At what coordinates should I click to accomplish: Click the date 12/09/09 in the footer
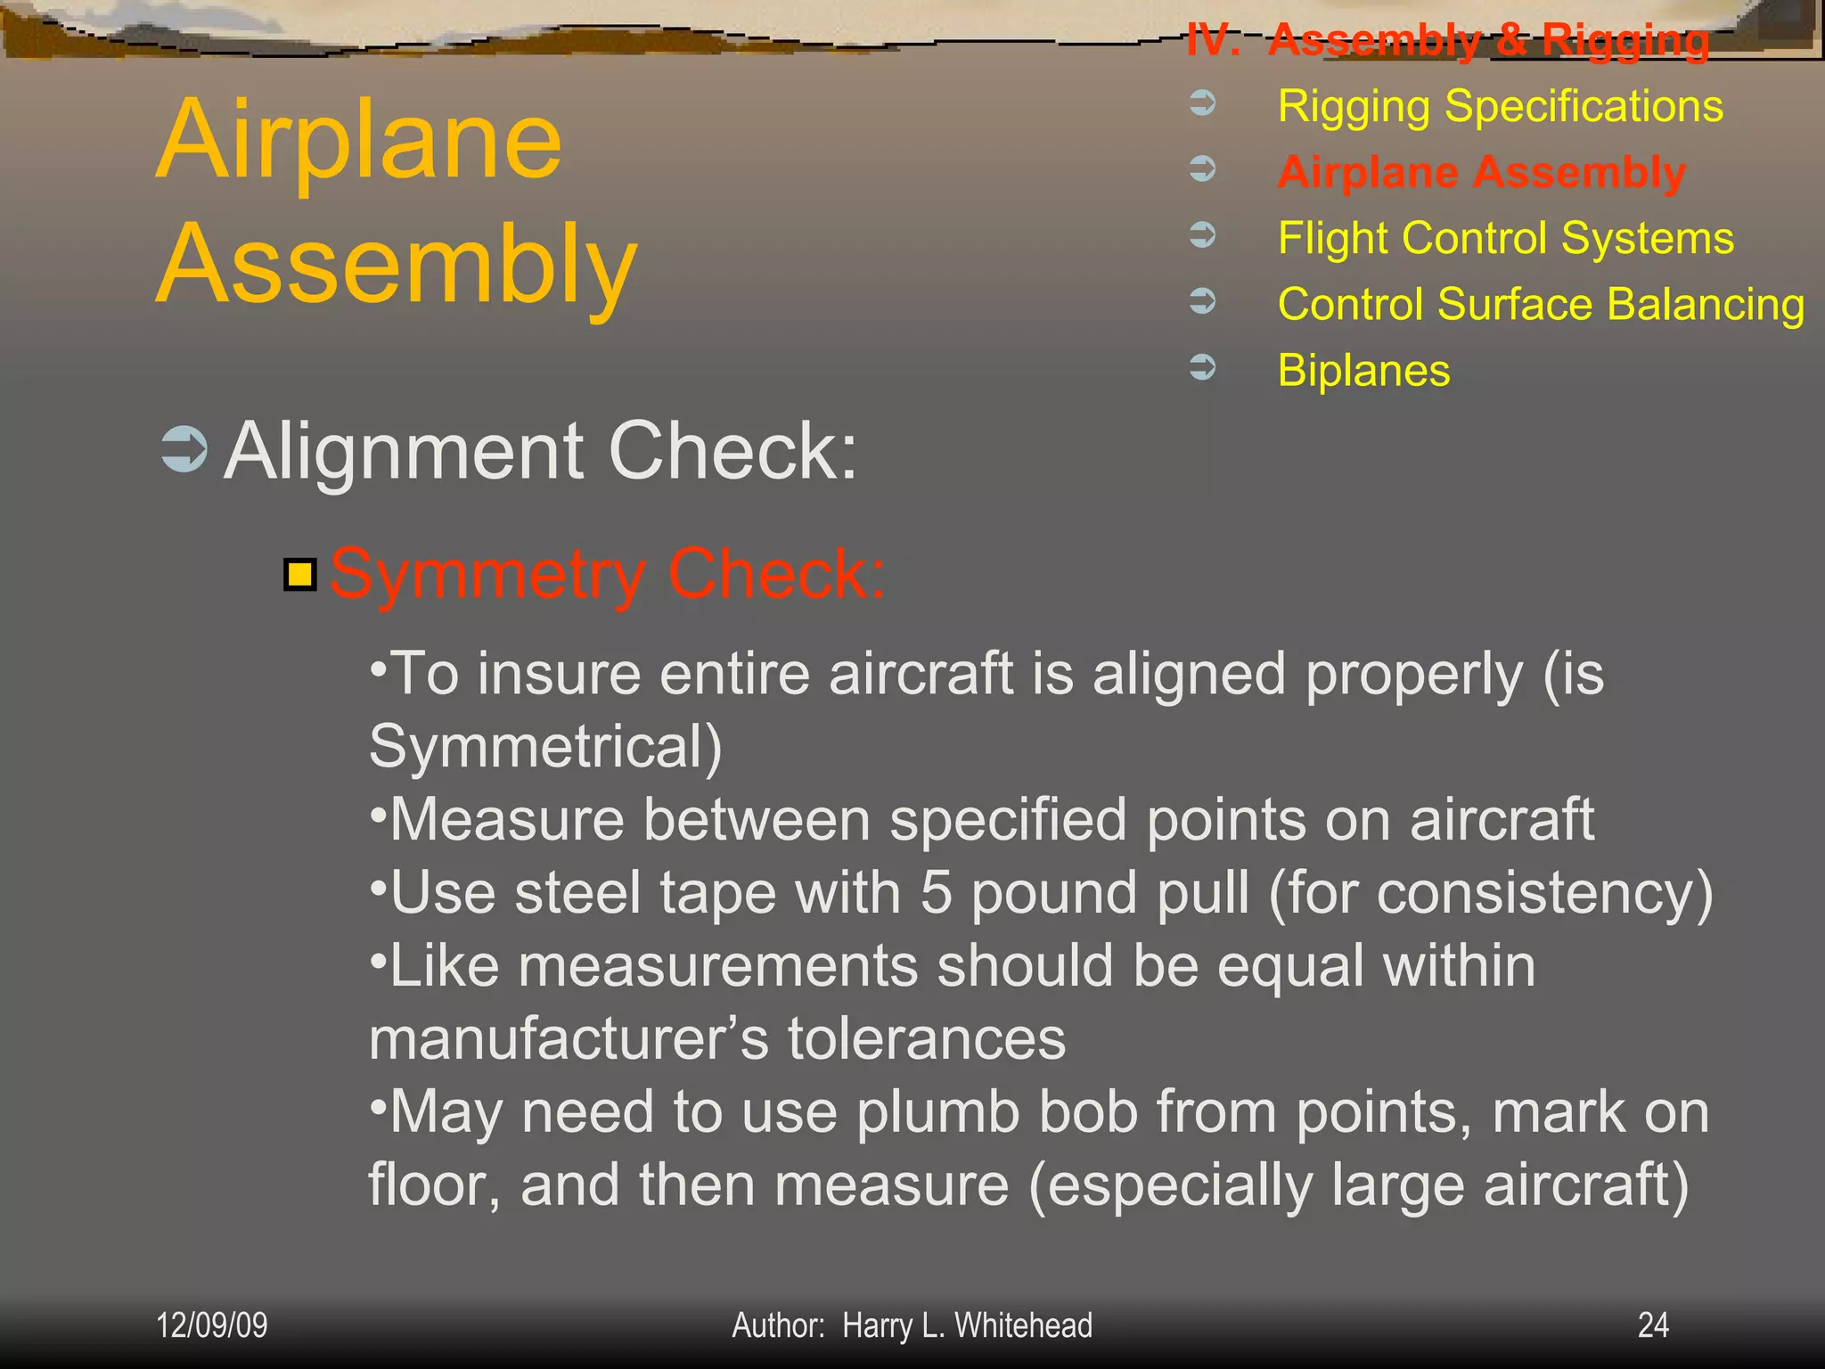pyautogui.click(x=212, y=1325)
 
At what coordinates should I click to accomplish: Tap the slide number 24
pyautogui.click(x=1653, y=1325)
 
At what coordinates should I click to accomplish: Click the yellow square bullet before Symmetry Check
pyautogui.click(x=300, y=575)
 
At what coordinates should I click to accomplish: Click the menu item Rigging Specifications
pyautogui.click(x=1500, y=106)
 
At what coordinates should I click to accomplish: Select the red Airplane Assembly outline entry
pyautogui.click(x=1481, y=172)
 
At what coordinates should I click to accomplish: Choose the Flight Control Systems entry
pyautogui.click(x=1505, y=238)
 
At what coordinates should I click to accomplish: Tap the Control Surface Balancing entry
pyautogui.click(x=1541, y=304)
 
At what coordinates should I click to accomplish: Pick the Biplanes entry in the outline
pyautogui.click(x=1363, y=370)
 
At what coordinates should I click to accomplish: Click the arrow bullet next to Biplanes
pyautogui.click(x=1203, y=366)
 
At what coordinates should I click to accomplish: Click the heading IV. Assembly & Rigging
pyautogui.click(x=1448, y=40)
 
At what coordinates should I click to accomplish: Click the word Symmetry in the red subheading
pyautogui.click(x=487, y=575)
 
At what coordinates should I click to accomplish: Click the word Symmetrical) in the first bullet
pyautogui.click(x=545, y=746)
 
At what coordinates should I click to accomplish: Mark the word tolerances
pyautogui.click(x=926, y=1038)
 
